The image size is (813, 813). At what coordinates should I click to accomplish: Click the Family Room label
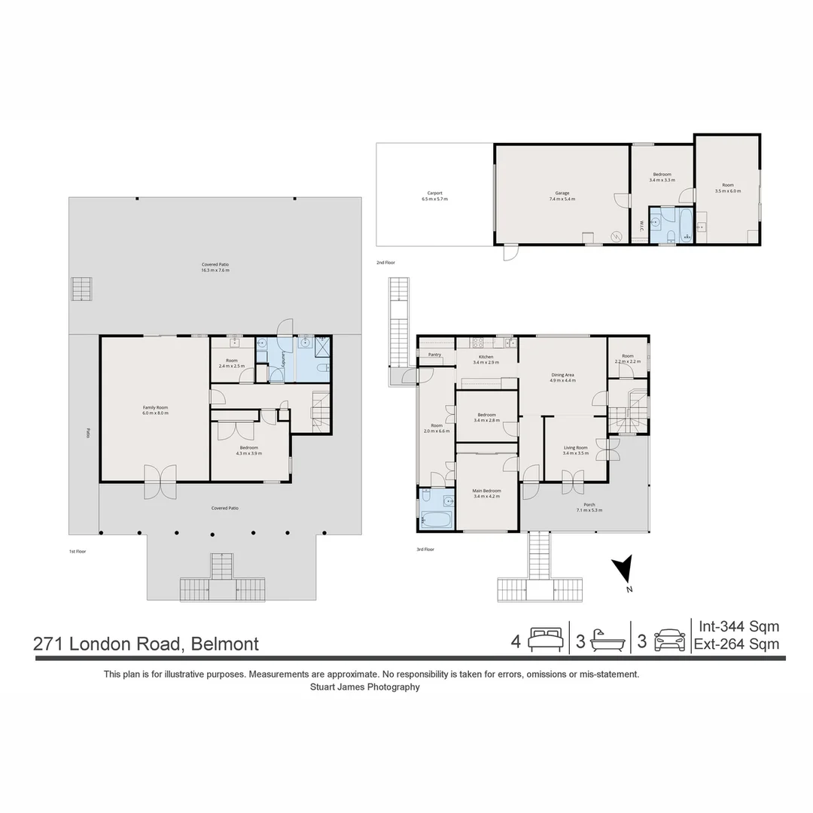point(155,407)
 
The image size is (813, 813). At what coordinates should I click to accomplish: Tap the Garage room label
point(562,193)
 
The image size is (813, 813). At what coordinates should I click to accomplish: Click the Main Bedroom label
point(486,491)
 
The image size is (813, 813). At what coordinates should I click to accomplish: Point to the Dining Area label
point(563,374)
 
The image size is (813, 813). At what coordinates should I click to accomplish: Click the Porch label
point(589,504)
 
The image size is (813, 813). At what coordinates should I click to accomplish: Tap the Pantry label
point(434,355)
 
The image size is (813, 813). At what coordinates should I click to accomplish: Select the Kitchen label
point(486,357)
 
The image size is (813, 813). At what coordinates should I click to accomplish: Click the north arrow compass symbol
point(622,570)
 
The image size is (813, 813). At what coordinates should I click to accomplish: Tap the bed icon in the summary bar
point(544,641)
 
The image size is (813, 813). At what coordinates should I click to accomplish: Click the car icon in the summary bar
point(669,641)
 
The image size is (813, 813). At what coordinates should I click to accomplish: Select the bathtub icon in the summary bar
point(607,641)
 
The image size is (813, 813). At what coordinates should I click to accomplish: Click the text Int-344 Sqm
point(738,626)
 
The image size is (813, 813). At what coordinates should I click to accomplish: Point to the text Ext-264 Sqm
point(736,644)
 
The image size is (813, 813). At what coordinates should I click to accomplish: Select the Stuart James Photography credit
point(365,687)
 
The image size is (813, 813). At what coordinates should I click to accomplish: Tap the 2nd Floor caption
point(385,263)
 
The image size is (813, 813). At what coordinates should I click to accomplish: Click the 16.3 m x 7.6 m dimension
point(215,269)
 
